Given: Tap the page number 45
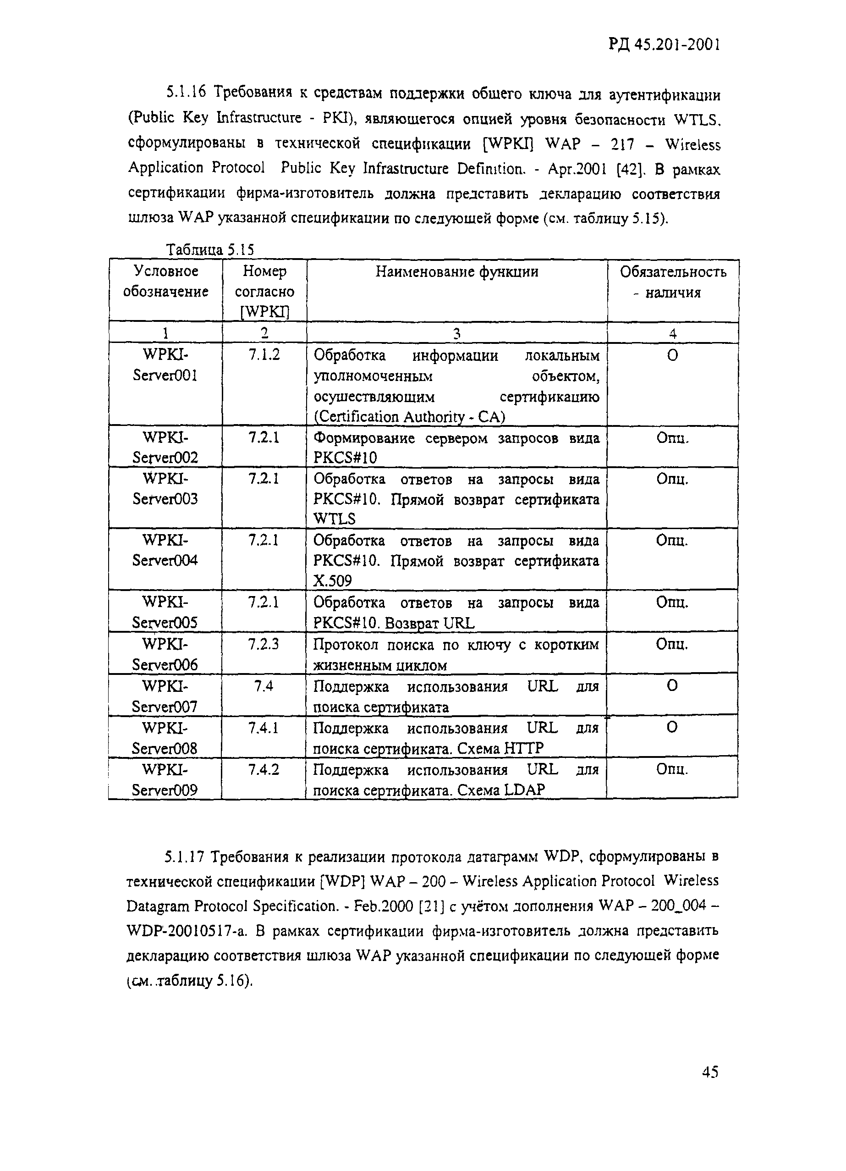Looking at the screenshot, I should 710,1072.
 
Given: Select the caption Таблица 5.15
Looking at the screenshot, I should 210,250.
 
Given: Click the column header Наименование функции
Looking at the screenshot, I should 456,271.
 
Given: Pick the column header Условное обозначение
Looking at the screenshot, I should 166,282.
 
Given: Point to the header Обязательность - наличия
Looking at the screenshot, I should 673,282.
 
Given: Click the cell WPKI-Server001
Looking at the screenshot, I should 165,365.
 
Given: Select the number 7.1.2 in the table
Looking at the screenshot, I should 264,355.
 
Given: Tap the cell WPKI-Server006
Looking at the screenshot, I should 165,654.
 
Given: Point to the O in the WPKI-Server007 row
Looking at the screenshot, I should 672,685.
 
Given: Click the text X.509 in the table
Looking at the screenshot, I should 332,581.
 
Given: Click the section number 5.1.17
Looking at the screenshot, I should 185,857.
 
